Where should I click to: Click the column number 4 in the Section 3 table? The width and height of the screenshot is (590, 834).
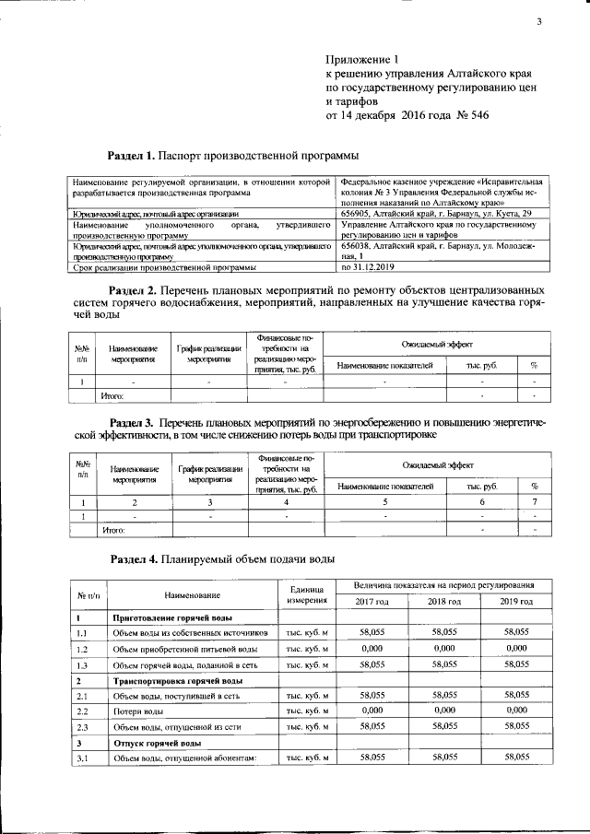click(287, 502)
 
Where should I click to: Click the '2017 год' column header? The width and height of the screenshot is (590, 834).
click(372, 601)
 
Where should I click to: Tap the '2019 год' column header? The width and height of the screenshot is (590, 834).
click(515, 601)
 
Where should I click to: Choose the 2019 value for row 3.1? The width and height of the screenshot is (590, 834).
click(515, 757)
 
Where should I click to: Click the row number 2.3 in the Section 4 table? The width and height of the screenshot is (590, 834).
click(82, 728)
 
